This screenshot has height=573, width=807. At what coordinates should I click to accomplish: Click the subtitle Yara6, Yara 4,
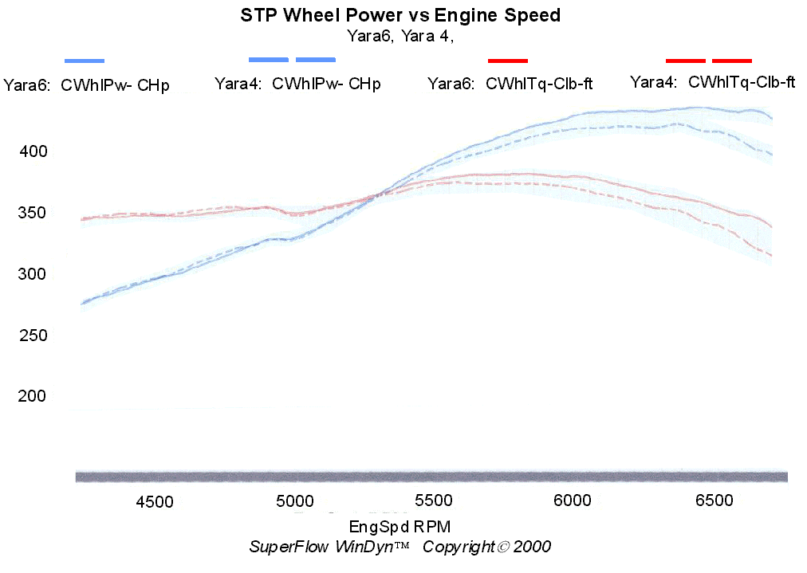pos(400,35)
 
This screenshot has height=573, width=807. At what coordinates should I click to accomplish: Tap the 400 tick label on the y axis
pos(33,151)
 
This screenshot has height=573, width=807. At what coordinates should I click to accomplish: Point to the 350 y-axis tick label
pos(33,213)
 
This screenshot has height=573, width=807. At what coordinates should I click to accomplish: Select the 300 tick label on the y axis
pos(33,274)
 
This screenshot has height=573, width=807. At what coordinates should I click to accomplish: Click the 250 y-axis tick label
pos(33,336)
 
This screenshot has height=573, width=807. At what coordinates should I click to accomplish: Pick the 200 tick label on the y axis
pos(33,396)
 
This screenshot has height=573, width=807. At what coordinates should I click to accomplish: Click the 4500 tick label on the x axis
pos(155,501)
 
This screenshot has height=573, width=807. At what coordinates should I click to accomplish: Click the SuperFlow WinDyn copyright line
pos(400,547)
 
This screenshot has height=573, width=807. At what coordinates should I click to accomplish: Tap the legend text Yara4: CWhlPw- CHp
pos(297,84)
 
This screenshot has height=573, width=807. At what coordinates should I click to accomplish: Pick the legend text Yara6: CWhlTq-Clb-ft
pos(510,84)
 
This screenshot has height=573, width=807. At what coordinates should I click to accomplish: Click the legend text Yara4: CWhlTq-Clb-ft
pos(712,82)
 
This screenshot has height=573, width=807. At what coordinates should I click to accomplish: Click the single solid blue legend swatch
pos(85,61)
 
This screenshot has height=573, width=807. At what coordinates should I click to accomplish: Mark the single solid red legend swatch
pos(508,61)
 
